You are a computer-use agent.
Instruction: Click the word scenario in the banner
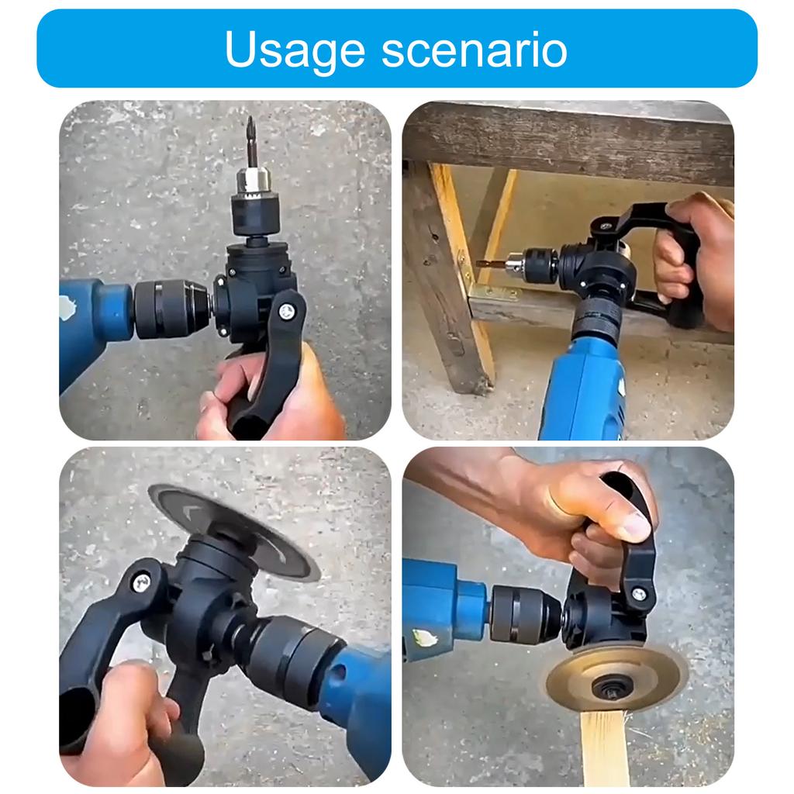(475, 50)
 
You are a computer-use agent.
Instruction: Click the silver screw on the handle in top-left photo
(287, 311)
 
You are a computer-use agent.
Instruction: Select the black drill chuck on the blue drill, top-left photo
(171, 309)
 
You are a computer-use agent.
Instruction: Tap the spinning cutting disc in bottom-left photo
(233, 527)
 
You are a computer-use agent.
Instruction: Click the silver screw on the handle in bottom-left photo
(141, 582)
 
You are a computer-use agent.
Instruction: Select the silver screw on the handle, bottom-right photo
(638, 595)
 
